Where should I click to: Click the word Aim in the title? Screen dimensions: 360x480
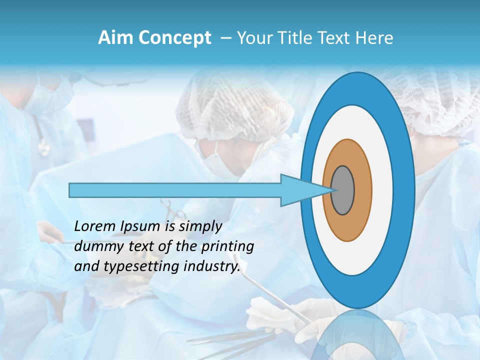pos(116,38)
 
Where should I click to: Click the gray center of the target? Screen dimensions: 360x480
pos(343,190)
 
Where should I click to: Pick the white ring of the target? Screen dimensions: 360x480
pos(382,190)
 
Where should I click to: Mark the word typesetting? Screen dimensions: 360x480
pos(135,266)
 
